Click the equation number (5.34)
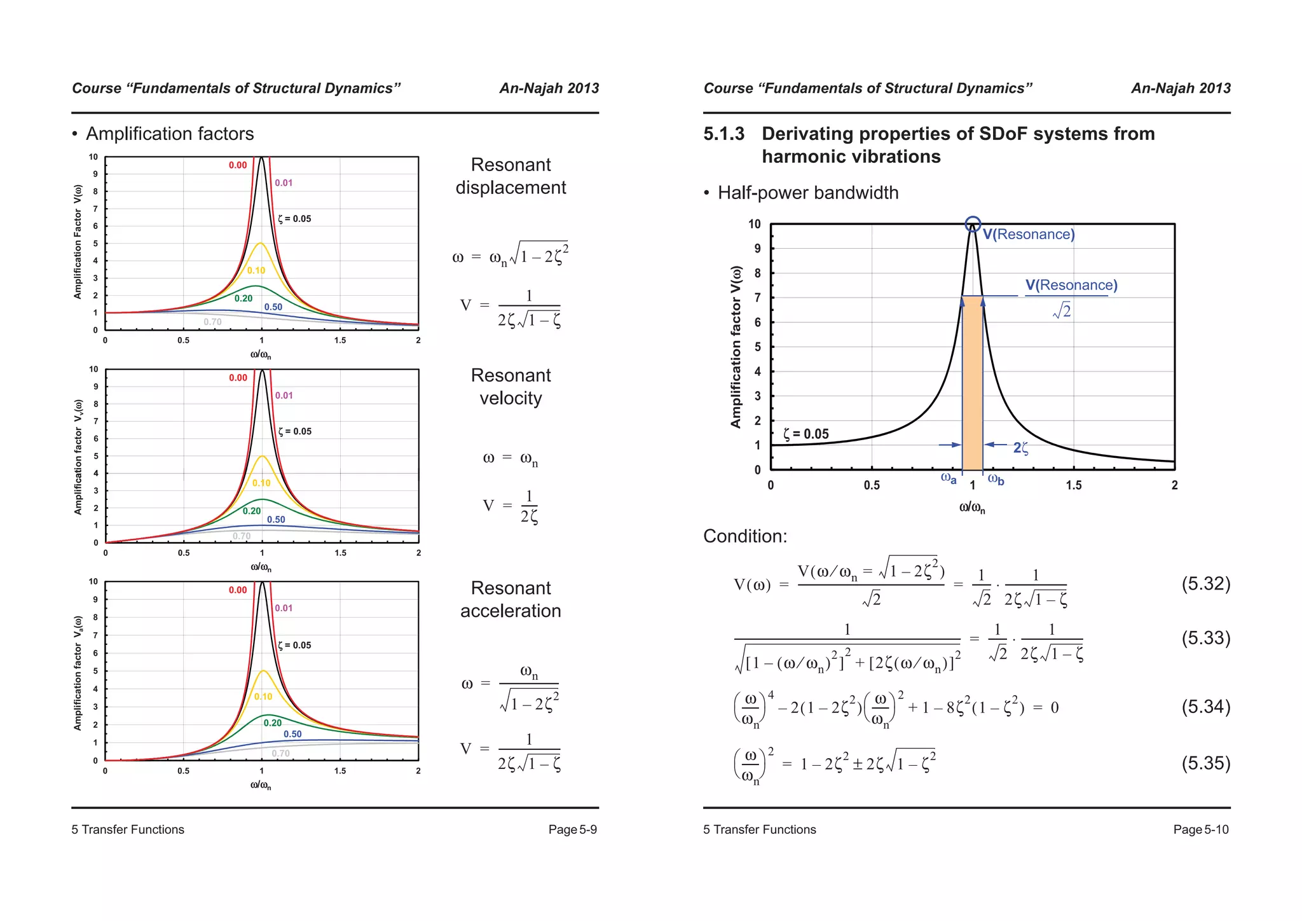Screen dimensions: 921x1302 click(x=1205, y=707)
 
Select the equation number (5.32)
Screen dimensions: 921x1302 click(x=1205, y=583)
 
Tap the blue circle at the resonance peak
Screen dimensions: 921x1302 click(x=973, y=224)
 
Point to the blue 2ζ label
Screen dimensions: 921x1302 click(x=1020, y=448)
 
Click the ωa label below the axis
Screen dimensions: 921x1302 click(x=949, y=478)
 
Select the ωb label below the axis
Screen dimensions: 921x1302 click(x=996, y=480)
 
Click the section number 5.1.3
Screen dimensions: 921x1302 click(x=723, y=134)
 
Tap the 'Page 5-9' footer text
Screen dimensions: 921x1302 click(x=573, y=829)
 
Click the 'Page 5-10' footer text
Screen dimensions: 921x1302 click(x=1201, y=829)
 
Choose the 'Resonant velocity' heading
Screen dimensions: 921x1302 click(x=511, y=387)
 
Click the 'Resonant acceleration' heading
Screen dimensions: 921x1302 click(x=511, y=599)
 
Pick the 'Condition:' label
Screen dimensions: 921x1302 click(x=745, y=536)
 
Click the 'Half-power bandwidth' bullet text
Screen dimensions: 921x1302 click(x=807, y=193)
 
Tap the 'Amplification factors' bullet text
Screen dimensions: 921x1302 click(x=170, y=134)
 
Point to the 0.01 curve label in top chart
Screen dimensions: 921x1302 click(x=284, y=183)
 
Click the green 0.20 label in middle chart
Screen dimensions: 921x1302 click(x=252, y=511)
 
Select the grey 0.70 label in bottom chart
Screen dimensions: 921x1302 click(x=280, y=753)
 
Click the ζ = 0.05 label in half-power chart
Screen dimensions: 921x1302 click(x=806, y=434)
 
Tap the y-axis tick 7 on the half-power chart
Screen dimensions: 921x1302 click(x=757, y=298)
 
